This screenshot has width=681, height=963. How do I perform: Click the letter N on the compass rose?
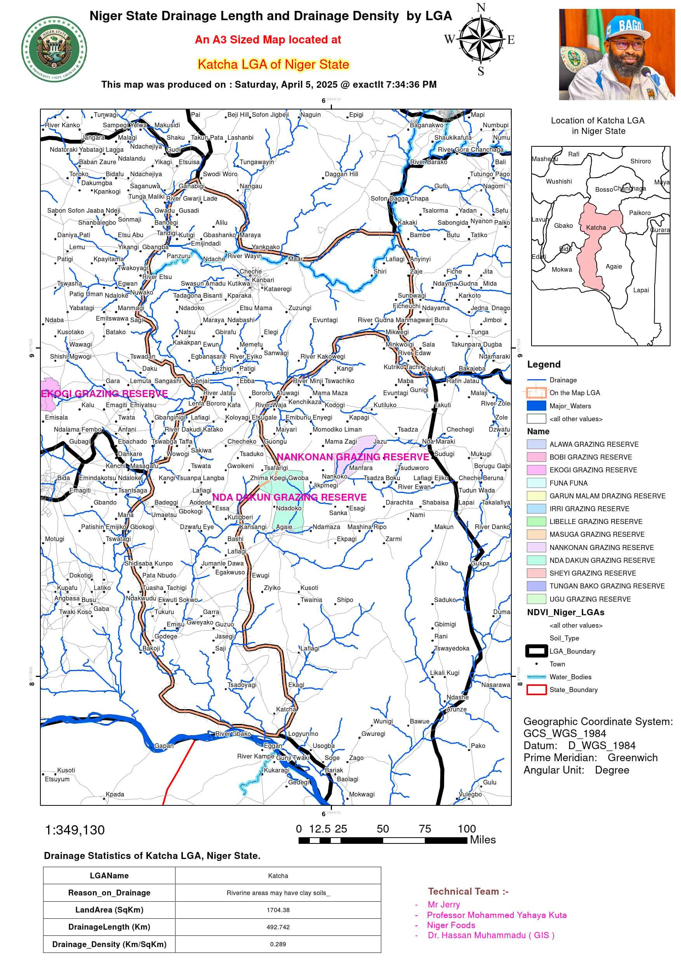(481, 7)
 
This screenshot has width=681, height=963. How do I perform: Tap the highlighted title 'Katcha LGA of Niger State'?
(273, 64)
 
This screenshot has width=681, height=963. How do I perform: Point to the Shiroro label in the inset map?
(640, 161)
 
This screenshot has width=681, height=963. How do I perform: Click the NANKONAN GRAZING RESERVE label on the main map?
(353, 457)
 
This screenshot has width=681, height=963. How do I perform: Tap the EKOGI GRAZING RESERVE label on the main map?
(104, 394)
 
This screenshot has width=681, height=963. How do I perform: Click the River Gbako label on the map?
(233, 734)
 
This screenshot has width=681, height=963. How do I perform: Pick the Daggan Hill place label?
(341, 174)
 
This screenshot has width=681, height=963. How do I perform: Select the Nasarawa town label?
(495, 684)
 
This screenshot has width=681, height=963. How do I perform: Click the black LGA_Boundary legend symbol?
(536, 651)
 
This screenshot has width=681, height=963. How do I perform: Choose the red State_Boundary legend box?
(536, 689)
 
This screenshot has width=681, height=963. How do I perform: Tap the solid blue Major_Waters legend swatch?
(536, 406)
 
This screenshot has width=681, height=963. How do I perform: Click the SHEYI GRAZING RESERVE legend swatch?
(536, 573)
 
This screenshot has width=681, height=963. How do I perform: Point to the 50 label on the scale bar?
(383, 829)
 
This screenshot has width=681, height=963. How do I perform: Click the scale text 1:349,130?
(75, 830)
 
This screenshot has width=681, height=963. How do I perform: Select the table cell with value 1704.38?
(278, 910)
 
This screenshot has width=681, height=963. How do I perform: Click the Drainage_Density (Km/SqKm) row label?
(109, 944)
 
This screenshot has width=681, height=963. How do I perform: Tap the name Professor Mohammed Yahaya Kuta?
(496, 915)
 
